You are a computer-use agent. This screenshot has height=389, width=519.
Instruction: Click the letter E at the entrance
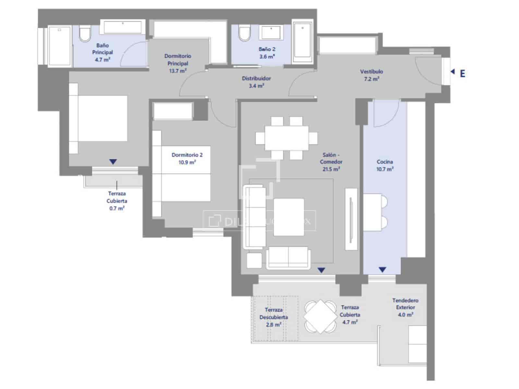462,74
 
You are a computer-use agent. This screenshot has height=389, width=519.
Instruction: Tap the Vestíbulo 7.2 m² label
371,75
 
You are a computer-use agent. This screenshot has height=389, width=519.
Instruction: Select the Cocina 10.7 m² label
385,165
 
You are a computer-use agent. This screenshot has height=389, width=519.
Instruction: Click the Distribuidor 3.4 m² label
256,82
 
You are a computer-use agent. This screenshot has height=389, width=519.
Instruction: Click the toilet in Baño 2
244,34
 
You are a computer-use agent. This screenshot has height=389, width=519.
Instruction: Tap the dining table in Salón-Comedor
286,138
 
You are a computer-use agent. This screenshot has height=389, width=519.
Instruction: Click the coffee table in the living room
289,217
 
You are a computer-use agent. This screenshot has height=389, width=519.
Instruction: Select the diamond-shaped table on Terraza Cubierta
320,316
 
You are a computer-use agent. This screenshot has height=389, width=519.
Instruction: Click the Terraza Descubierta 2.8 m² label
273,317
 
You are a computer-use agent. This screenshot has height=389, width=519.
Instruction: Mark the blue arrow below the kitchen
382,270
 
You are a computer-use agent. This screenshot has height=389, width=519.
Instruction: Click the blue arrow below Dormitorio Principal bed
113,161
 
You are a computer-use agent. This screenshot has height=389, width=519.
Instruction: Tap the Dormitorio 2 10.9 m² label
187,159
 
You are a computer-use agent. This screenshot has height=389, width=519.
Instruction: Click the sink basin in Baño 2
271,33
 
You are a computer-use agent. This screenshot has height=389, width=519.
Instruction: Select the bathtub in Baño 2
302,41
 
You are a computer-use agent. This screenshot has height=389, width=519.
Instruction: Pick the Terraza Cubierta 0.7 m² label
117,201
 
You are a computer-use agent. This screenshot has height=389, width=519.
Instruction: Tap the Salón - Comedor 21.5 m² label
331,162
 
